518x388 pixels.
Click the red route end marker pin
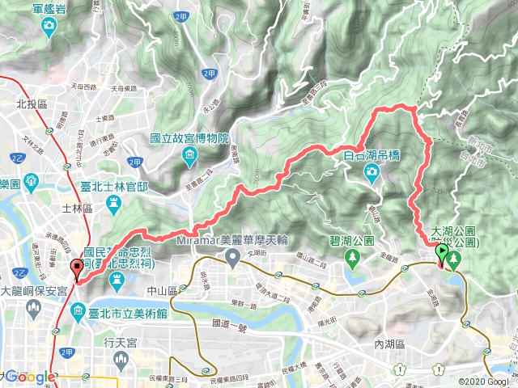point(77,268)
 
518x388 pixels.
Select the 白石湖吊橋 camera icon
point(371,171)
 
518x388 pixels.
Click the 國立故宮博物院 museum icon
point(189,154)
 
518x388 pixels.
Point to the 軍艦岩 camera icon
point(49,27)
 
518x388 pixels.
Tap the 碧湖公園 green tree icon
point(352,258)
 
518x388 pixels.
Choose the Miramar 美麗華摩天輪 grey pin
point(232,259)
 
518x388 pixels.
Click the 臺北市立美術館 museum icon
point(78,310)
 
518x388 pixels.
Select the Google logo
point(31,377)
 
